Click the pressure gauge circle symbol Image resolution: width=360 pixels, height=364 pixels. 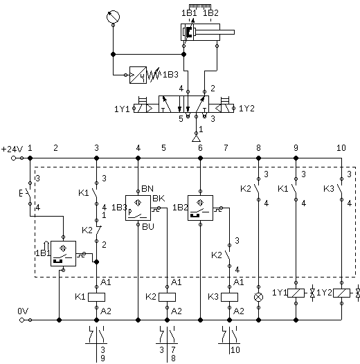113,17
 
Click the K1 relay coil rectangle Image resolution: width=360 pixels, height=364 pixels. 97,297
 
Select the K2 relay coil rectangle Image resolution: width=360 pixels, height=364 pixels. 168,297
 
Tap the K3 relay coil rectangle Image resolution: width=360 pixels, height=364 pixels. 229,297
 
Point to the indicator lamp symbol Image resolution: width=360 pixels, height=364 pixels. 258,297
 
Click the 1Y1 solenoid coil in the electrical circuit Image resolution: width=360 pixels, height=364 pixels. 296,293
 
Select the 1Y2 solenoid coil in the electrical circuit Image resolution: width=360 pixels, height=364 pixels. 341,293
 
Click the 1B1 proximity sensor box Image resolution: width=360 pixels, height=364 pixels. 63,253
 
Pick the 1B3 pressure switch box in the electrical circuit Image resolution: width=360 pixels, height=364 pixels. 138,208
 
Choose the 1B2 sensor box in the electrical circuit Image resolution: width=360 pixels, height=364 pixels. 200,208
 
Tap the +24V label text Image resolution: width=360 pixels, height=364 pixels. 12,149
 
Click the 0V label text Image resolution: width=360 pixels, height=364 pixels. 23,311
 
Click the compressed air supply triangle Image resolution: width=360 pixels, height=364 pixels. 196,138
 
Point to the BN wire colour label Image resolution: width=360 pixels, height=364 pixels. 147,188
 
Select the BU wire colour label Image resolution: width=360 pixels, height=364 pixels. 148,226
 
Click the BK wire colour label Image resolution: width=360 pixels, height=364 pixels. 159,199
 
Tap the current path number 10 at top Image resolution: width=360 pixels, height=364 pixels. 341,148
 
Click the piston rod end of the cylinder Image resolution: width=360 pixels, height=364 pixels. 233,33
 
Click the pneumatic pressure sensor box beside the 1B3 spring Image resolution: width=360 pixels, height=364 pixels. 138,75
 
